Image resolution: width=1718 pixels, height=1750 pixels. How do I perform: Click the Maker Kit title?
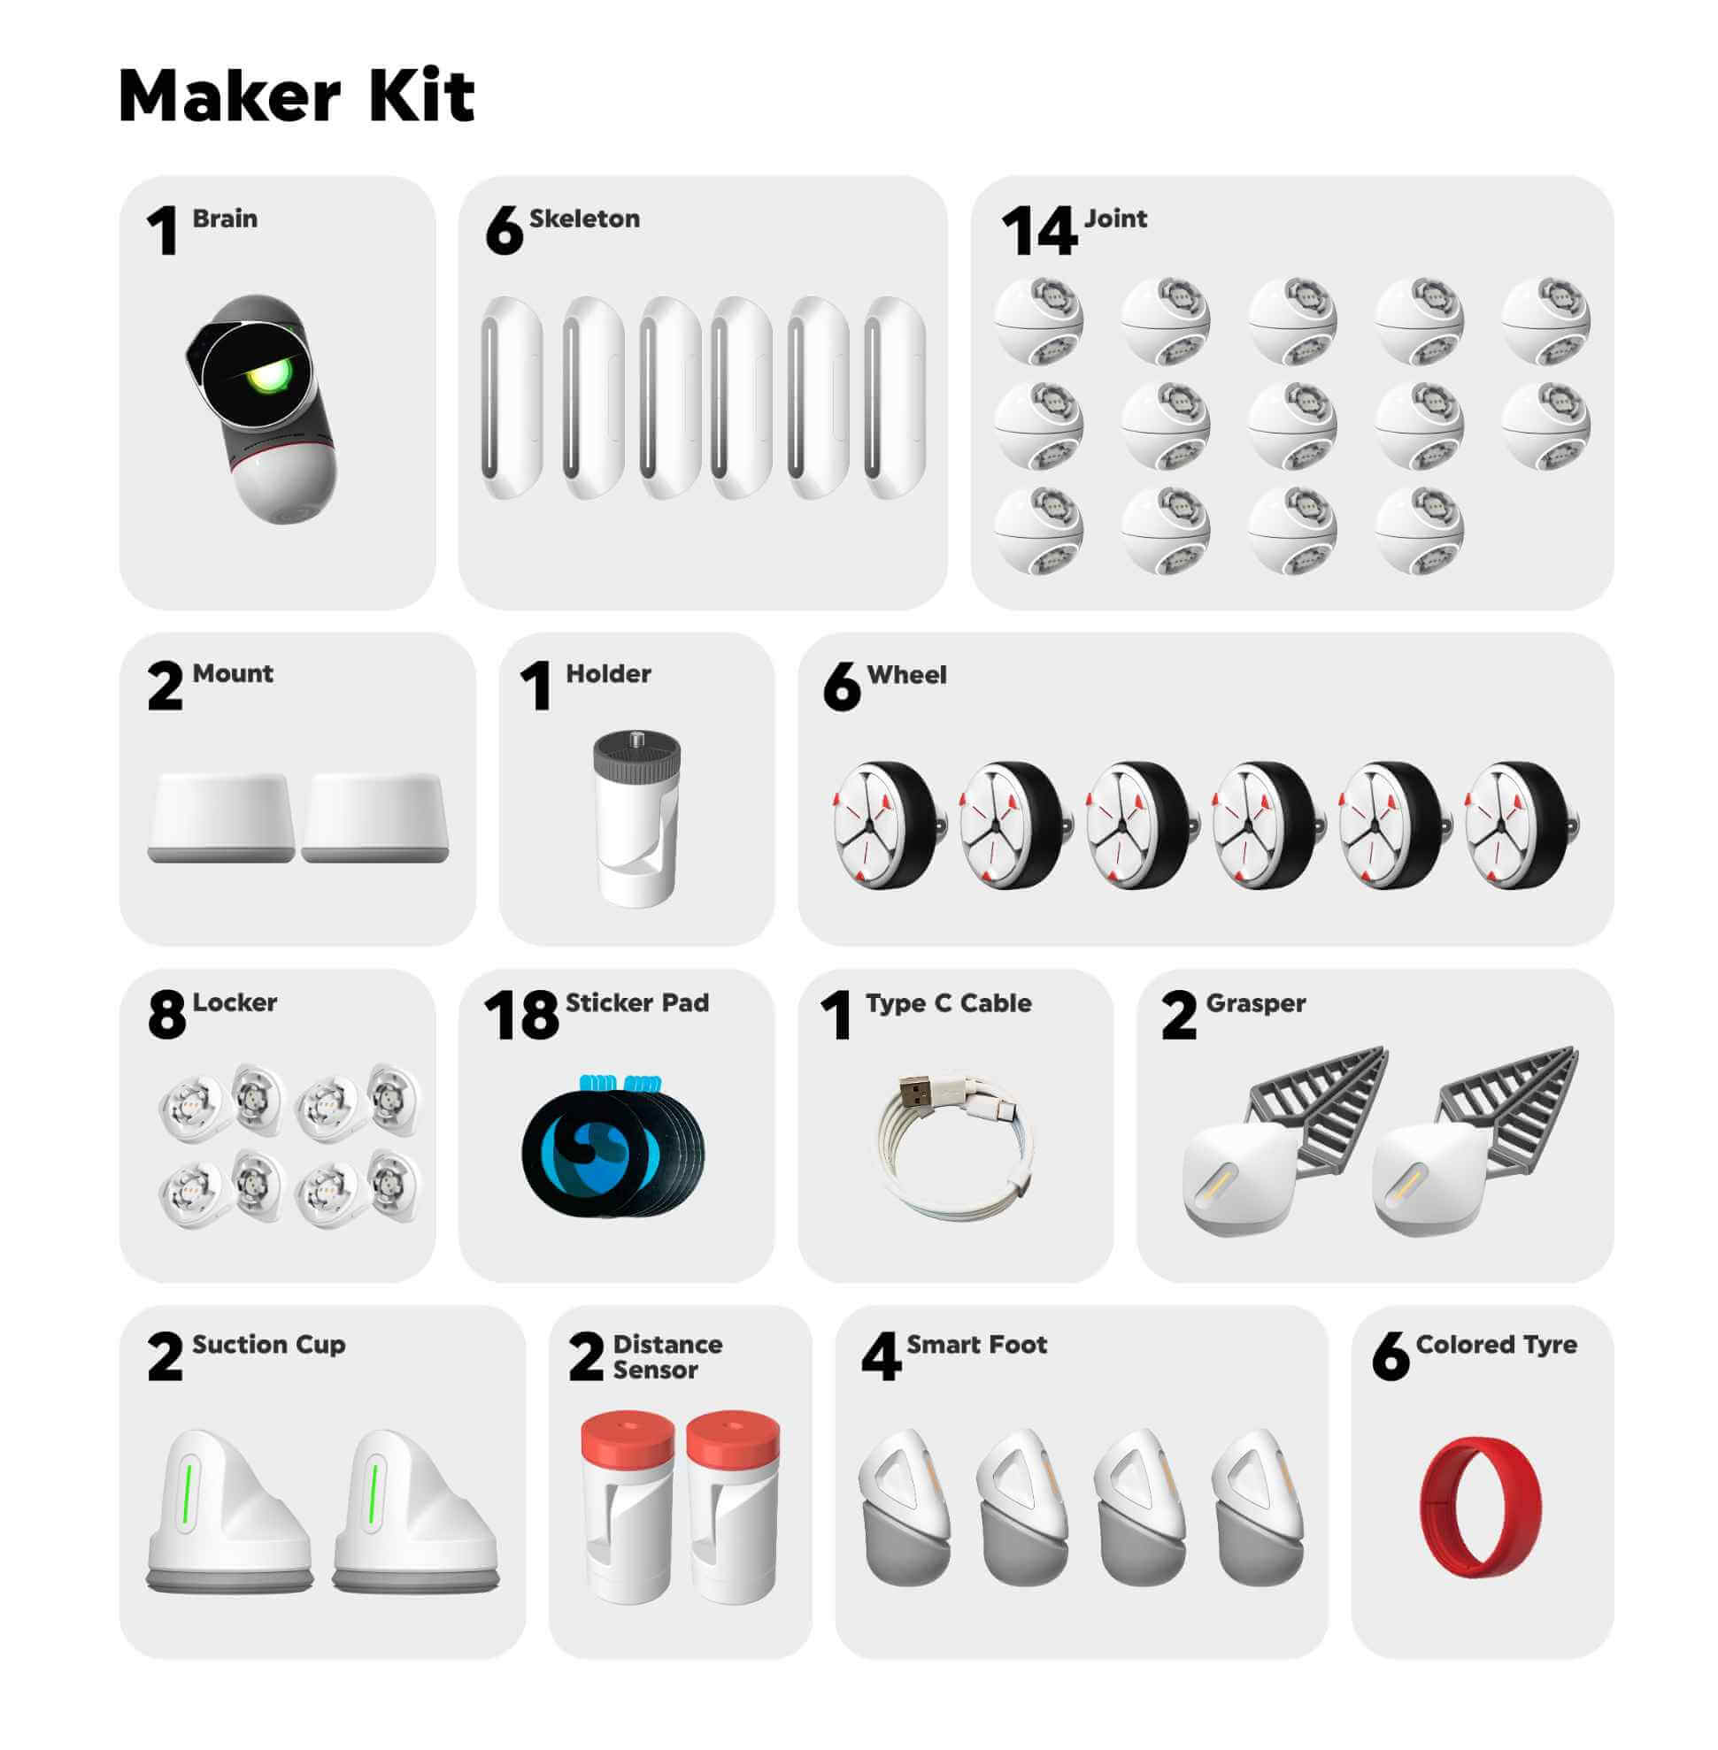(x=296, y=95)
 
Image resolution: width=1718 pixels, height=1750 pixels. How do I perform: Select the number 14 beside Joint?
(x=1038, y=231)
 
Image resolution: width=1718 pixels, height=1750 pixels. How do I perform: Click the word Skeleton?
(x=584, y=219)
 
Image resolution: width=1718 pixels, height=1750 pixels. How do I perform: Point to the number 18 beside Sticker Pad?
(x=520, y=1015)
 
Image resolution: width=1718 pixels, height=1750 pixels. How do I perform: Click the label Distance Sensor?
(x=667, y=1356)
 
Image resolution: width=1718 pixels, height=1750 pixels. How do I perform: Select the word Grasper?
(x=1255, y=1003)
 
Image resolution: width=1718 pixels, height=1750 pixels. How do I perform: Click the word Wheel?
(x=906, y=675)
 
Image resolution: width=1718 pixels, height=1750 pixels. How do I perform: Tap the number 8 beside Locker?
(x=167, y=1015)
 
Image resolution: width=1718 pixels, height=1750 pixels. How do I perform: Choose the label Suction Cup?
(x=269, y=1345)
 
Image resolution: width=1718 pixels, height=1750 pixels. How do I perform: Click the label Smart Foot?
(x=976, y=1344)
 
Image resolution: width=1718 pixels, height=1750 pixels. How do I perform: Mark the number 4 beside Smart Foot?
(x=881, y=1356)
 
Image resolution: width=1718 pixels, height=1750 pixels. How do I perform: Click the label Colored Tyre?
(x=1496, y=1345)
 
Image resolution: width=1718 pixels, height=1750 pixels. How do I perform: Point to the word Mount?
(x=233, y=673)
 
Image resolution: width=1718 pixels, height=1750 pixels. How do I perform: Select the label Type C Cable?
(x=948, y=1003)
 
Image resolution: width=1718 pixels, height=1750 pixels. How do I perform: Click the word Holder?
(x=608, y=673)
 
